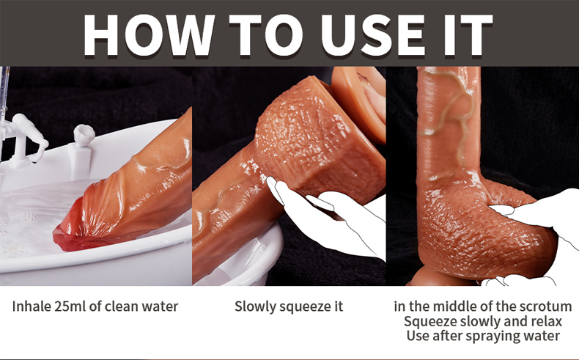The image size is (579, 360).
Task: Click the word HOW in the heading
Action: pos(149,35)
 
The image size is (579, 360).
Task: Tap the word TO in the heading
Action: pos(266,35)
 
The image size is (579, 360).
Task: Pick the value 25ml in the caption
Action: pos(70,306)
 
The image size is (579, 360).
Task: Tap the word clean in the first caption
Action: pos(122,306)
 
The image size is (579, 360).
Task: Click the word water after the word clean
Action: pos(160,306)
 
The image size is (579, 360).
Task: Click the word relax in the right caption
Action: pos(545,321)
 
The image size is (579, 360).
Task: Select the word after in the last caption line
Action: pos(447,336)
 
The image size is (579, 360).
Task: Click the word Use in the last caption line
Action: pos(418,336)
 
